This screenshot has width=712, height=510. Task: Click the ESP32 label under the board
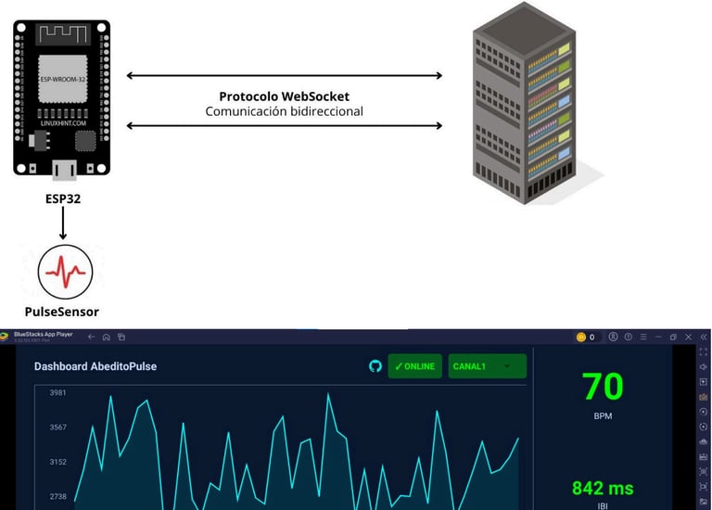62,198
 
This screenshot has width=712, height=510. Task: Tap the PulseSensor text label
62,312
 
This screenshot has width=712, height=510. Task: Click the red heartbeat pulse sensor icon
65,271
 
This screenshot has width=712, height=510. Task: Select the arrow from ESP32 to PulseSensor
63,223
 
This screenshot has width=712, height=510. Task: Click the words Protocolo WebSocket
284,96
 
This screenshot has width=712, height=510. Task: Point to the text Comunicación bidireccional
284,111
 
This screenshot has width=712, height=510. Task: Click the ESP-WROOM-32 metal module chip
62,81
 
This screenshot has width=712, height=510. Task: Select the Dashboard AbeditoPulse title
95,366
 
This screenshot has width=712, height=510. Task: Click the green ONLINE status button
414,366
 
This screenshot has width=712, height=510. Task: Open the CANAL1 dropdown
487,366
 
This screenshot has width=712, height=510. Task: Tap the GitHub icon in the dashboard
375,366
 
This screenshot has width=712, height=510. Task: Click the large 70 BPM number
603,386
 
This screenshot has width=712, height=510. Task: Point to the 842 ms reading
603,488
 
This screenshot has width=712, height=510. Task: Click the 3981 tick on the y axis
57,393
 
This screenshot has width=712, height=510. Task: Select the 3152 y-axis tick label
57,462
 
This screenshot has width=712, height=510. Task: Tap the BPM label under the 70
603,416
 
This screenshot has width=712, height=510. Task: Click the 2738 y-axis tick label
57,497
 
